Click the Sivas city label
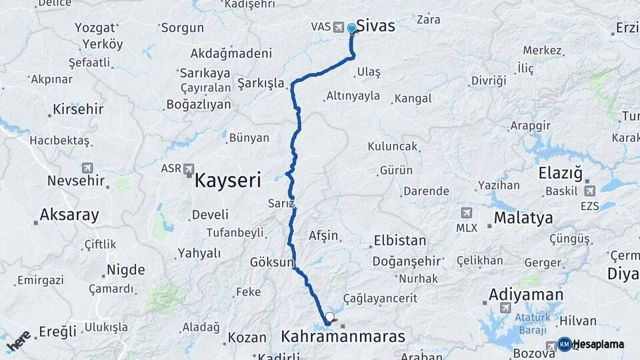point(375,25)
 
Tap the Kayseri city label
point(227,179)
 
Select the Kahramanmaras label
point(343,337)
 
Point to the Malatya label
point(523,218)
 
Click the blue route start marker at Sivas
point(351,29)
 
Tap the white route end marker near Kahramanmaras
point(329,317)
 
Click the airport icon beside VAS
point(338,27)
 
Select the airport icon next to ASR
point(188,169)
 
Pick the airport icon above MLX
point(466,213)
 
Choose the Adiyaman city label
point(526,294)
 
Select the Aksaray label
point(69,215)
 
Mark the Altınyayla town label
point(353,96)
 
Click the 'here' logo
point(18,340)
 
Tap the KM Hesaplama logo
point(591,344)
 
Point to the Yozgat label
point(95,28)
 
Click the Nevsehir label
point(76,180)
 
